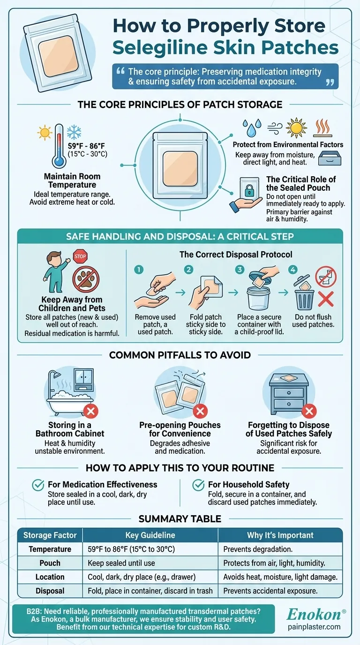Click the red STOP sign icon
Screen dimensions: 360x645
point(80,256)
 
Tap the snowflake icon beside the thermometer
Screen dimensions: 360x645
point(74,132)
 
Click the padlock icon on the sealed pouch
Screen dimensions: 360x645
point(249,191)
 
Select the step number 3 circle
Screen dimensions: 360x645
point(240,270)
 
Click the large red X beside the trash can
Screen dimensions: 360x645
point(326,299)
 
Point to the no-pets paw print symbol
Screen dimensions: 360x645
point(86,279)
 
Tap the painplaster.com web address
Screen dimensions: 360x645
point(314,627)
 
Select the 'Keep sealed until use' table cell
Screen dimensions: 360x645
point(121,563)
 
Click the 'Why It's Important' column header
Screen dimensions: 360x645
point(280,535)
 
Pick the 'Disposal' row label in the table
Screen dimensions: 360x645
point(50,591)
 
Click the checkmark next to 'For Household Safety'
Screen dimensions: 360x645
point(198,485)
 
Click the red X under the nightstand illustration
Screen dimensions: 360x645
point(309,411)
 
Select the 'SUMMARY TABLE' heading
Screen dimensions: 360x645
point(180,518)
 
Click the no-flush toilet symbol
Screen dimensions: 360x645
point(326,277)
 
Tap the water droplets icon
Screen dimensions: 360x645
point(252,127)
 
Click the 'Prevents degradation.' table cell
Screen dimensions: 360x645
point(258,549)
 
